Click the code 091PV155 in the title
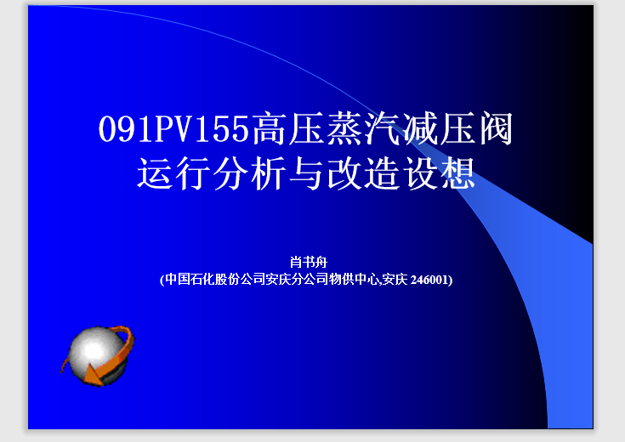click(173, 128)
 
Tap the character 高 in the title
click(269, 127)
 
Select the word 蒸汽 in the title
click(364, 127)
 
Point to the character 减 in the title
click(420, 127)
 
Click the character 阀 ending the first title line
click(496, 127)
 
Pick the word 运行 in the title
click(173, 173)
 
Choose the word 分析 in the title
click(249, 173)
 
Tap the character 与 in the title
click(306, 173)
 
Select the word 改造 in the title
click(364, 173)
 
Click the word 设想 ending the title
click(440, 173)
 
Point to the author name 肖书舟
click(309, 262)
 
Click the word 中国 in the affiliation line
click(178, 279)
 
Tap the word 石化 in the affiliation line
click(202, 279)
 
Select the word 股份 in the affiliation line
click(228, 279)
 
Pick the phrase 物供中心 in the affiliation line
click(354, 279)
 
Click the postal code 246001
click(429, 280)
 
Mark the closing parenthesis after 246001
click(451, 280)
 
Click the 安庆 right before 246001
click(395, 279)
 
